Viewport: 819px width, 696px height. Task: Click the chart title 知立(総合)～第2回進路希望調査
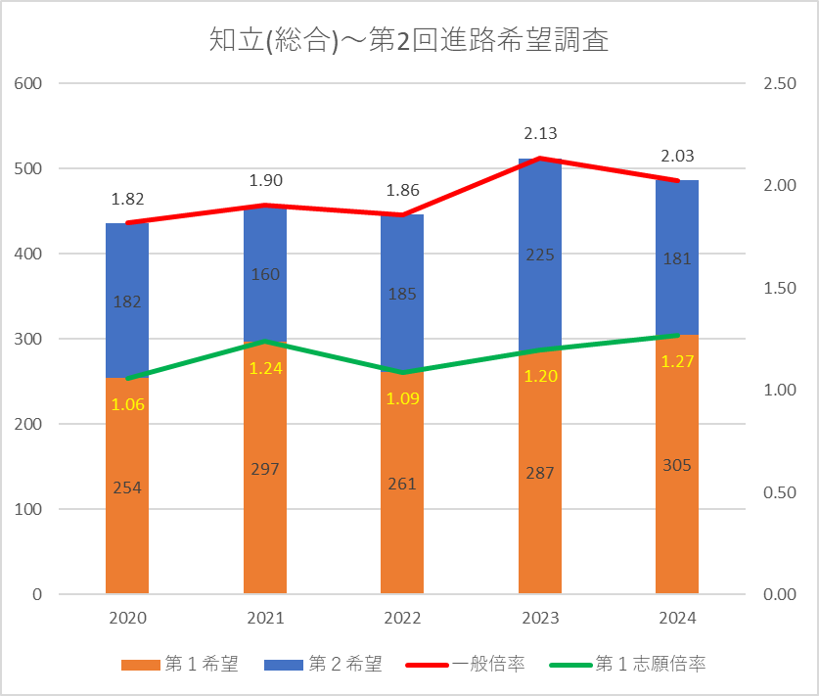pyautogui.click(x=409, y=40)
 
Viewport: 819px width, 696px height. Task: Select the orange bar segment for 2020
pyautogui.click(x=127, y=486)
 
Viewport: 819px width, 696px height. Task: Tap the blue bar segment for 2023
pyautogui.click(x=540, y=254)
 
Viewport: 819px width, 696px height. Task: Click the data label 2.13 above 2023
pyautogui.click(x=540, y=134)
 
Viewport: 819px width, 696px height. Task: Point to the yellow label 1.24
pyautogui.click(x=266, y=368)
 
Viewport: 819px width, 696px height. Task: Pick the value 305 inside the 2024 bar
pyautogui.click(x=677, y=465)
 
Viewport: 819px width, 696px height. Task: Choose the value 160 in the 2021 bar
pyautogui.click(x=265, y=274)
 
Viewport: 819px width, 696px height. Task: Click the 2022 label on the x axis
pyautogui.click(x=402, y=618)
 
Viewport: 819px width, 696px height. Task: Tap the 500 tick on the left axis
pyautogui.click(x=28, y=168)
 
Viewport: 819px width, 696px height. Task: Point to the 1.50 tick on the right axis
pyautogui.click(x=780, y=288)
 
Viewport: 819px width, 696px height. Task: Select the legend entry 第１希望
pyautogui.click(x=180, y=664)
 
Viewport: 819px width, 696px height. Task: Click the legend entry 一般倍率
pyautogui.click(x=466, y=664)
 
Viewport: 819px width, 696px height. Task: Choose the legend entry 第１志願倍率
pyautogui.click(x=628, y=664)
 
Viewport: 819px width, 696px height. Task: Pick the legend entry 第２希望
pyautogui.click(x=323, y=664)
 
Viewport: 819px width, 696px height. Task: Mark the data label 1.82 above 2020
pyautogui.click(x=127, y=199)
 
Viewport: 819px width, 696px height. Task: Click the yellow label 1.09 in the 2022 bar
pyautogui.click(x=403, y=398)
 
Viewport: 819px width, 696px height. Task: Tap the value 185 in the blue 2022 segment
pyautogui.click(x=402, y=295)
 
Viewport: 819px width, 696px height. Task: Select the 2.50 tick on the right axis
pyautogui.click(x=780, y=83)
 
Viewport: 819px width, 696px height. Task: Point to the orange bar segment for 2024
pyautogui.click(x=677, y=464)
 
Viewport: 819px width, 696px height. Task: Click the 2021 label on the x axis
pyautogui.click(x=265, y=618)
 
